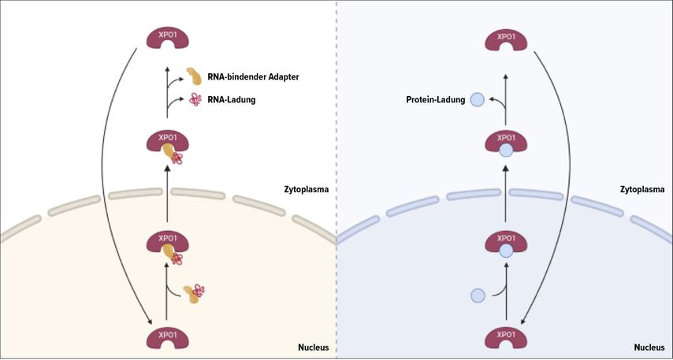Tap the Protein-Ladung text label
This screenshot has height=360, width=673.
click(435, 99)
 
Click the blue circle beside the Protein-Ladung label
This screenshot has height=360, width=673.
click(478, 99)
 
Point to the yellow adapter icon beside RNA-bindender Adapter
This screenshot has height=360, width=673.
click(194, 76)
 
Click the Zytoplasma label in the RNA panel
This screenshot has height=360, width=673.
click(306, 189)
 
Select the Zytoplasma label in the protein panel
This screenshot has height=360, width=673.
click(642, 189)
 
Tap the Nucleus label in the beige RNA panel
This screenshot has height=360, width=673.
click(313, 347)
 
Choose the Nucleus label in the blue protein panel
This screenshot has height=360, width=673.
click(649, 347)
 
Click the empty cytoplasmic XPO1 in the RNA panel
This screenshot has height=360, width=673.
click(167, 39)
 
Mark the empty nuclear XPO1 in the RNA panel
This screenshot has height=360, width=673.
click(167, 338)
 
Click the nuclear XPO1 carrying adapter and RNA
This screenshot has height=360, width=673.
click(168, 245)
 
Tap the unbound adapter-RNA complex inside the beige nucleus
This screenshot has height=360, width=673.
click(194, 293)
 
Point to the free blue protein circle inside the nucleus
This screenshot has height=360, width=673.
click(478, 296)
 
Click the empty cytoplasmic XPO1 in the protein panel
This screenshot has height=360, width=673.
click(505, 39)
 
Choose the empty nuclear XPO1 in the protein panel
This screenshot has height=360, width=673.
click(505, 338)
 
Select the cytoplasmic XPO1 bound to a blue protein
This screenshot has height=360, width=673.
click(505, 143)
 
